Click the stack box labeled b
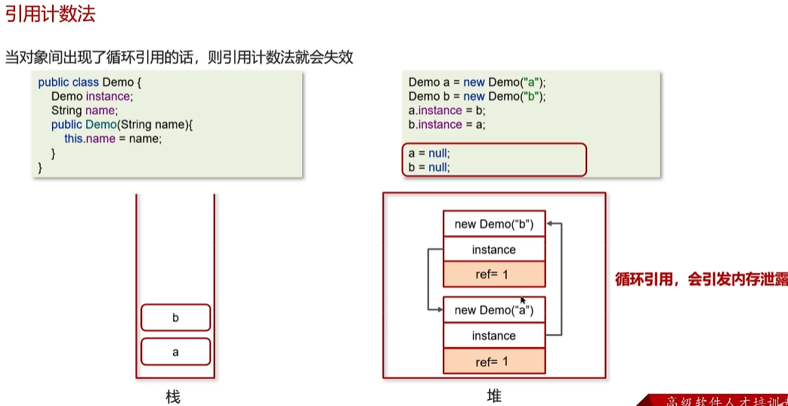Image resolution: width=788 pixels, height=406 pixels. [x=175, y=318]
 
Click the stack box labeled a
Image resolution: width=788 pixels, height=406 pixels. [x=175, y=352]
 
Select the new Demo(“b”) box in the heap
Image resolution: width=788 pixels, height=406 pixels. [x=493, y=224]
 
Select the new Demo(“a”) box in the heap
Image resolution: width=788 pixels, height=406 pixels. [x=493, y=310]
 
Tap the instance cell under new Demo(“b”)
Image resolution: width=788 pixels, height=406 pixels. [x=493, y=249]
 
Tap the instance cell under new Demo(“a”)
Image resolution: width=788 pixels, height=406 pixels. [x=493, y=336]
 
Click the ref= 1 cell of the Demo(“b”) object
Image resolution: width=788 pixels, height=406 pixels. [x=493, y=275]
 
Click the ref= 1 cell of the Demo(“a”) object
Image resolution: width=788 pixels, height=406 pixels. [x=493, y=361]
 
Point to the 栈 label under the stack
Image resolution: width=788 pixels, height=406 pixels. [x=173, y=396]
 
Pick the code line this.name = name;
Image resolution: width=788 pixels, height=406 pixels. [x=113, y=139]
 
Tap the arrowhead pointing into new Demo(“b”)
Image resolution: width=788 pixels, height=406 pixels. [x=550, y=224]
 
